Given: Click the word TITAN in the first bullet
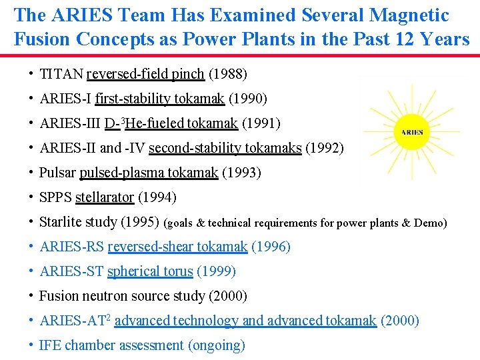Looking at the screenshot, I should [61, 74].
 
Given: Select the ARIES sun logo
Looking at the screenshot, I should [412, 132].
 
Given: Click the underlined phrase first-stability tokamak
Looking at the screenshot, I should [159, 99].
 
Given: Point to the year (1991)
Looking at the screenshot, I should [261, 123].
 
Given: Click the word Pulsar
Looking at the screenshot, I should [57, 173].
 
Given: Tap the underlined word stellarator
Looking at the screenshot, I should [105, 197].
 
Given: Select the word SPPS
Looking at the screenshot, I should [56, 197].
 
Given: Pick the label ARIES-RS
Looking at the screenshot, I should [71, 247].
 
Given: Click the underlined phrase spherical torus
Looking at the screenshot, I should [150, 271].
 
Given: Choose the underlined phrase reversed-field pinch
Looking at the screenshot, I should [145, 74].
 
